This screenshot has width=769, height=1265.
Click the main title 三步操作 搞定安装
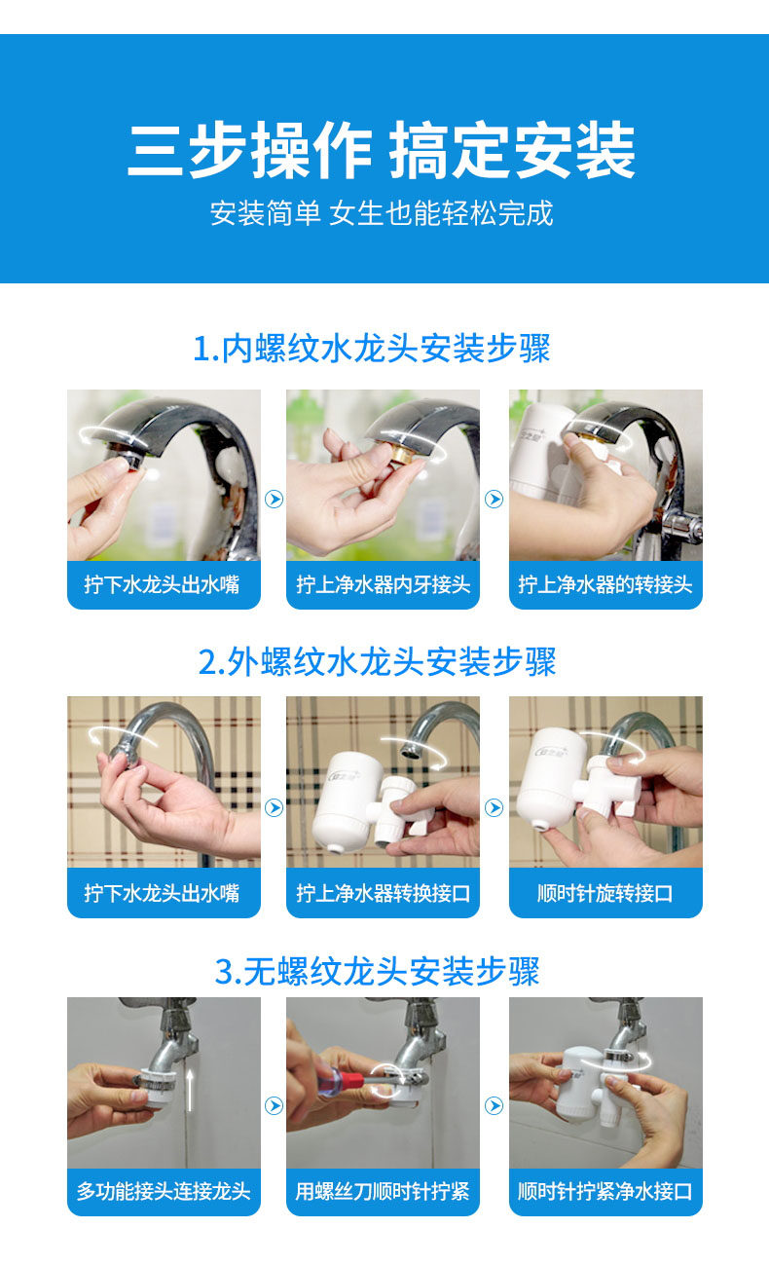tap(382, 150)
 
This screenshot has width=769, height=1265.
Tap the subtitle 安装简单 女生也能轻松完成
tap(382, 213)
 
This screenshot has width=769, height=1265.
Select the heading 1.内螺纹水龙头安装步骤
tap(372, 349)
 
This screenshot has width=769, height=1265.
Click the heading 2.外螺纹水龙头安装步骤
tap(377, 661)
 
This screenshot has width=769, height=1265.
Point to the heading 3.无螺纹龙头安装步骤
tap(377, 971)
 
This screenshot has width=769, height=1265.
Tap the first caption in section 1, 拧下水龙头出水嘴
tap(162, 584)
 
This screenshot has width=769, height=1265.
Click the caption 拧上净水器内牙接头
tap(384, 584)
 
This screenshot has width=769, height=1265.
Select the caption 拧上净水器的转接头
tap(605, 584)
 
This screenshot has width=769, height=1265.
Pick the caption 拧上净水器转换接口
tap(384, 893)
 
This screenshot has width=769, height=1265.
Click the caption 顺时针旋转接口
tap(605, 893)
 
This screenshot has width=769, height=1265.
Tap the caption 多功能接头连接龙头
tap(164, 1191)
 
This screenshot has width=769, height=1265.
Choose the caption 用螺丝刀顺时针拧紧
tap(383, 1191)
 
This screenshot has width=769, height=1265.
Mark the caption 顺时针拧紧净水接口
tap(605, 1191)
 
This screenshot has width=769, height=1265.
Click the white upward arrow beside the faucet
tap(190, 1090)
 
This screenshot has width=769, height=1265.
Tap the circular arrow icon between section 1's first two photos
tap(274, 500)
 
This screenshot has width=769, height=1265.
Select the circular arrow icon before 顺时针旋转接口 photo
tap(494, 807)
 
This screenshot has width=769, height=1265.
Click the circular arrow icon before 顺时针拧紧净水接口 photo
tap(494, 1105)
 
